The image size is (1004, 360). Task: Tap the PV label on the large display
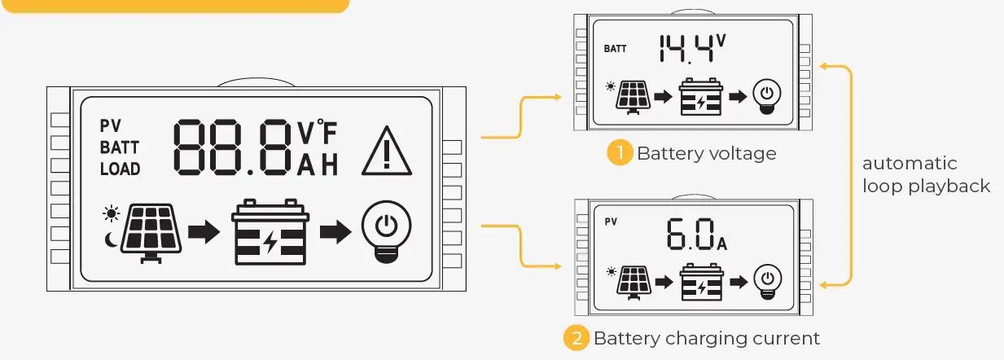110,126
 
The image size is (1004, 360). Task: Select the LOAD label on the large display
120,169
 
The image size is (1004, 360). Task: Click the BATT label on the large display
119,148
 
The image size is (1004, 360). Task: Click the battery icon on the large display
270,233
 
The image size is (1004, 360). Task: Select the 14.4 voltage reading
687,49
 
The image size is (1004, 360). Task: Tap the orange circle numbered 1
620,153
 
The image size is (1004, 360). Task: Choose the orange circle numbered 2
577,338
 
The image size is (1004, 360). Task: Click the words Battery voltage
706,153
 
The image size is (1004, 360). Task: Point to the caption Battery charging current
706,338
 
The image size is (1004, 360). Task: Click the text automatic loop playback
926,175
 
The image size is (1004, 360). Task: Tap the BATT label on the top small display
616,49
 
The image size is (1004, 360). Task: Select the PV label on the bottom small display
611,221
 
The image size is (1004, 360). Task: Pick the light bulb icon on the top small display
765,95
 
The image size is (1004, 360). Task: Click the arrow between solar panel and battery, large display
204,232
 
